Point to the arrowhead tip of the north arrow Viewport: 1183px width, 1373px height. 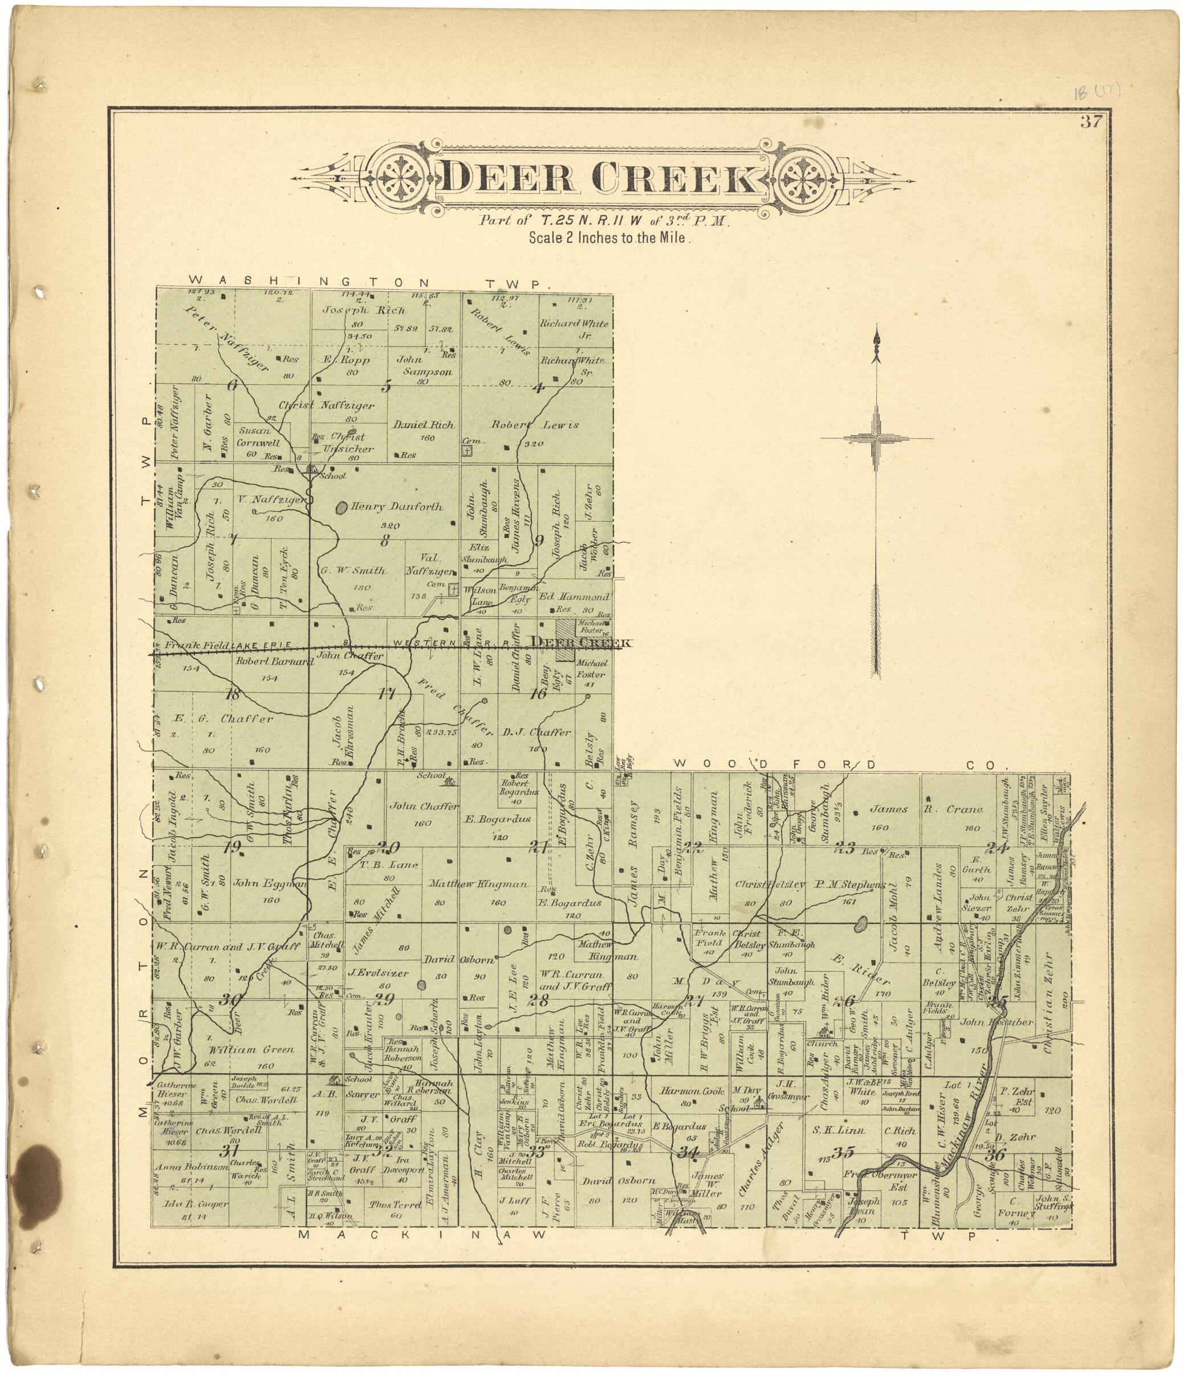click(877, 329)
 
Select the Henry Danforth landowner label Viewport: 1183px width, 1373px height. click(396, 507)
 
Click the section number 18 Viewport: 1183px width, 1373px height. click(232, 694)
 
